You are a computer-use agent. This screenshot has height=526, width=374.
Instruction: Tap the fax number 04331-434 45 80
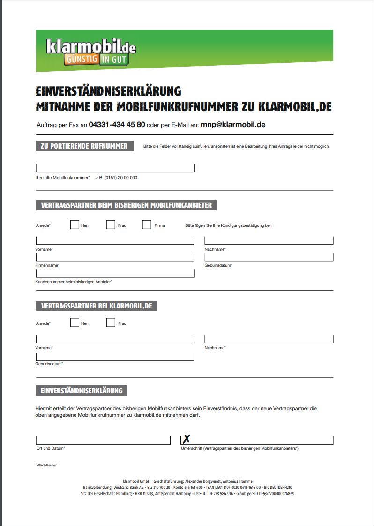pyautogui.click(x=117, y=125)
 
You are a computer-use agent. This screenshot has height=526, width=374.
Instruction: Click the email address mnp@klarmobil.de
pyautogui.click(x=233, y=125)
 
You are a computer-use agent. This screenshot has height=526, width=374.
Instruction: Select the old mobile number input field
pyautogui.click(x=115, y=168)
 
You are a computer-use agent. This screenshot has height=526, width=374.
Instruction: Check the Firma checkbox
pyautogui.click(x=147, y=225)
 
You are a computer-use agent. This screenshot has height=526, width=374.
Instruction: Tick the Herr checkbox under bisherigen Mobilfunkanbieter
pyautogui.click(x=75, y=225)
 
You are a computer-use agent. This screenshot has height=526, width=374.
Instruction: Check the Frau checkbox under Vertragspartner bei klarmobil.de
pyautogui.click(x=111, y=323)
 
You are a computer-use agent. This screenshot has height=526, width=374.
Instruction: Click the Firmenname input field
pyautogui.click(x=115, y=257)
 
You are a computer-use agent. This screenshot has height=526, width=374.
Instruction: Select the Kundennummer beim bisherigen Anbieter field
pyautogui.click(x=115, y=273)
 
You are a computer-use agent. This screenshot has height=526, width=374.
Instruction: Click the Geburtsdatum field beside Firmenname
pyautogui.click(x=269, y=257)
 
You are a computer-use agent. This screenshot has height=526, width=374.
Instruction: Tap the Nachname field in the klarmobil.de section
pyautogui.click(x=269, y=339)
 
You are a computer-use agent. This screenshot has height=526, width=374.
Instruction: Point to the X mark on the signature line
pyautogui.click(x=187, y=439)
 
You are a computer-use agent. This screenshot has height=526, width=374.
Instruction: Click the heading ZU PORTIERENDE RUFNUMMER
pyautogui.click(x=84, y=146)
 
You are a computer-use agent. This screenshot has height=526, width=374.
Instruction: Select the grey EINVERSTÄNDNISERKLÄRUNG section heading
pyautogui.click(x=82, y=391)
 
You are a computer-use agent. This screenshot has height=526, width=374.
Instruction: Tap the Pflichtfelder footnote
pyautogui.click(x=46, y=465)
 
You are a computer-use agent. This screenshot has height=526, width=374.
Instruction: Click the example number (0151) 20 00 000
pyautogui.click(x=116, y=178)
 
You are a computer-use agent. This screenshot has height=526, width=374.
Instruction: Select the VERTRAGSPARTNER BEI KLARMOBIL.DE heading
pyautogui.click(x=97, y=306)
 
